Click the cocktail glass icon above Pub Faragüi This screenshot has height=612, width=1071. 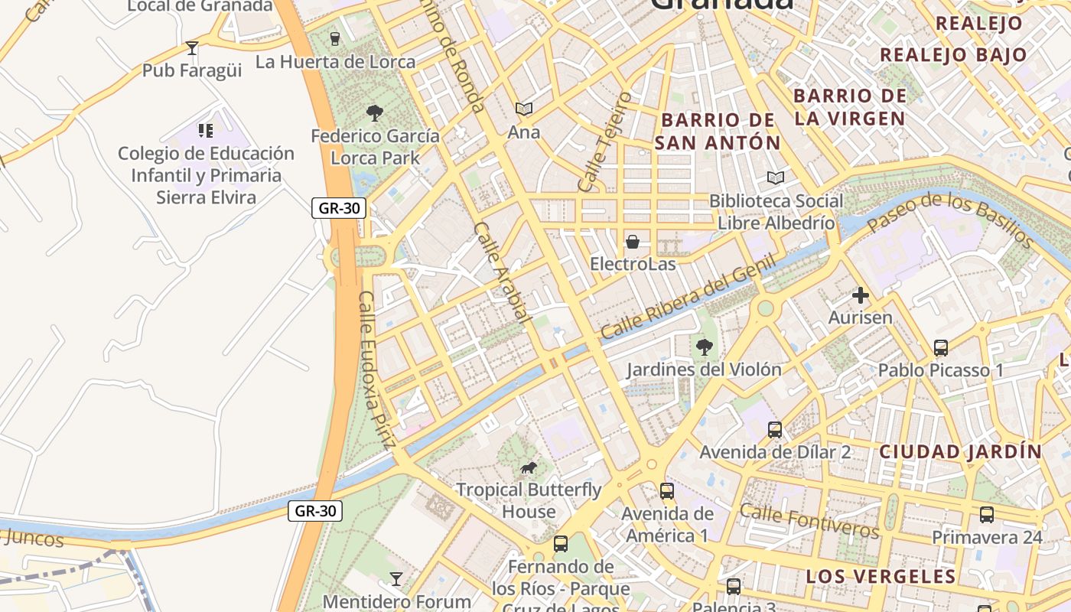(x=192, y=48)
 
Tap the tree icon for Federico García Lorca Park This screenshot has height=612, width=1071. (x=374, y=113)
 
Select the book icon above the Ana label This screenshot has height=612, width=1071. (x=523, y=109)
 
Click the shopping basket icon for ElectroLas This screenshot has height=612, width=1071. (x=633, y=242)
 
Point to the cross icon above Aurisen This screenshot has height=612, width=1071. (x=861, y=295)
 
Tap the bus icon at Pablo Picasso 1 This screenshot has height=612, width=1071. (x=941, y=347)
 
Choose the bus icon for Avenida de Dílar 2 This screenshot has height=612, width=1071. (x=775, y=429)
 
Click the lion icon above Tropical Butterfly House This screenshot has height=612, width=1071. (x=529, y=467)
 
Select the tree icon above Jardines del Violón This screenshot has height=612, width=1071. (x=704, y=347)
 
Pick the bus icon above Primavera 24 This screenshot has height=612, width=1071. (x=987, y=514)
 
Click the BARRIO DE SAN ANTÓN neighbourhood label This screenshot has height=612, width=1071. (x=718, y=132)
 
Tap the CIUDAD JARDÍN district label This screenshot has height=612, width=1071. (x=960, y=451)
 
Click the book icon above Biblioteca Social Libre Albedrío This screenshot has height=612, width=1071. (x=776, y=177)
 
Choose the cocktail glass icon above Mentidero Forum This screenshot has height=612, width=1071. (x=396, y=578)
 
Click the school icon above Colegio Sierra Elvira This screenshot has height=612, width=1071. (x=205, y=130)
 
